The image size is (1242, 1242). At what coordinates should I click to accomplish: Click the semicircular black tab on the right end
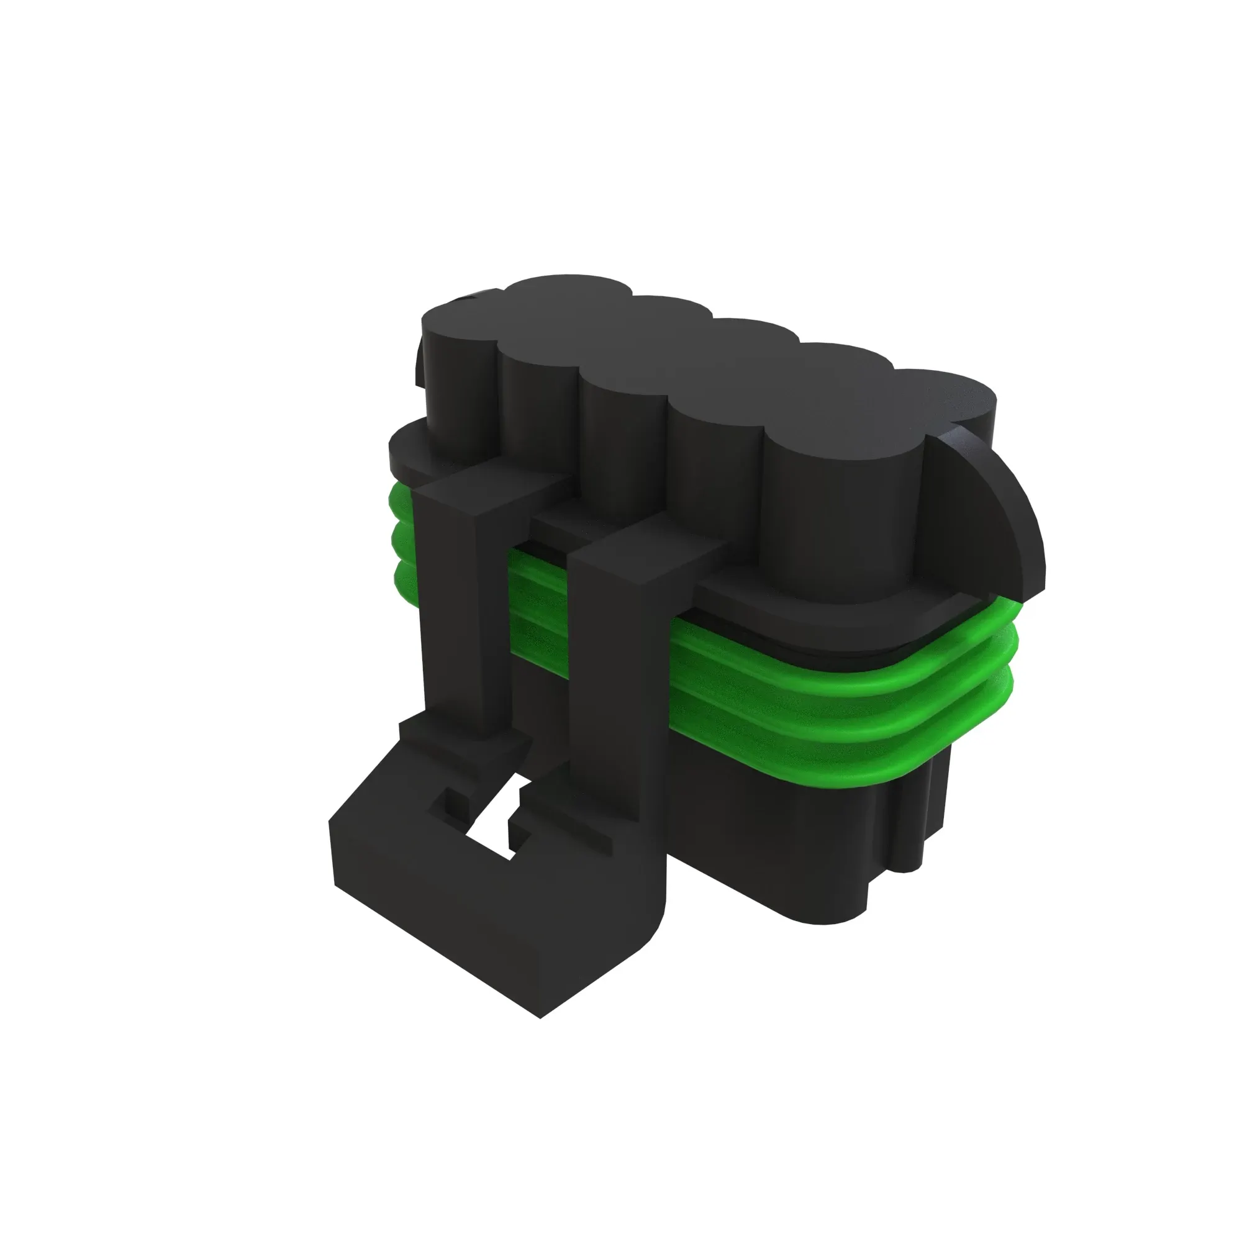click(x=984, y=514)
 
